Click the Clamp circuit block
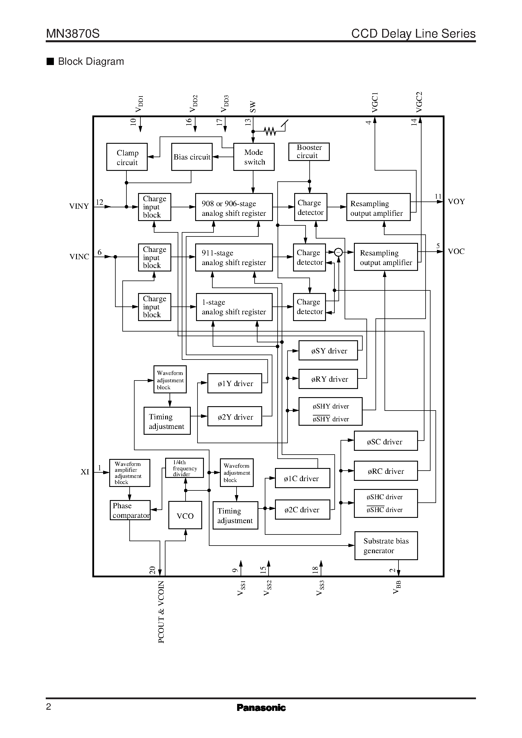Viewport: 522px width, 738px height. click(x=127, y=157)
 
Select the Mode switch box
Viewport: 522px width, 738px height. click(x=254, y=157)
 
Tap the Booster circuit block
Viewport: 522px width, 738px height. click(x=309, y=152)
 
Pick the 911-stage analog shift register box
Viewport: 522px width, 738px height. click(x=234, y=257)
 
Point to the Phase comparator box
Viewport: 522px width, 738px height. click(x=130, y=510)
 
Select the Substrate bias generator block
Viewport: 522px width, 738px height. click(x=386, y=546)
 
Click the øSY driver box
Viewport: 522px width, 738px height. click(x=328, y=351)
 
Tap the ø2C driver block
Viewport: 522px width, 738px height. click(x=302, y=510)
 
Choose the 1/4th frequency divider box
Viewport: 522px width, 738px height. click(x=184, y=468)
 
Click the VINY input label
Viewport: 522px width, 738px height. click(x=79, y=206)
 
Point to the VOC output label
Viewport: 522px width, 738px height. click(x=456, y=251)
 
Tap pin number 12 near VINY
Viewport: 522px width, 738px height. click(x=100, y=202)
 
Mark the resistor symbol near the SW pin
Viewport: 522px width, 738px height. click(x=270, y=131)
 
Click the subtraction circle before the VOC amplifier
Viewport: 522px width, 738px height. click(x=338, y=252)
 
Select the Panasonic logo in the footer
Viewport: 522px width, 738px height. click(x=261, y=707)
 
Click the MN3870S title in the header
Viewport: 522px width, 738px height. click(x=73, y=34)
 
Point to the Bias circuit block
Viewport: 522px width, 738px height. click(x=192, y=157)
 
